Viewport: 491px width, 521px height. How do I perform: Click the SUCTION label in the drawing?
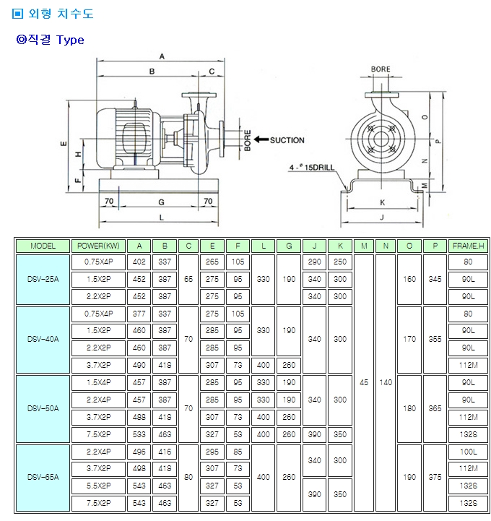(x=287, y=140)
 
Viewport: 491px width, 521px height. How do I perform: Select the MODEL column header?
(x=43, y=246)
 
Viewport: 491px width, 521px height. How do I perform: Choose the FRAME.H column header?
(x=467, y=246)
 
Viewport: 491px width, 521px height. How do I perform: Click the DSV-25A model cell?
(x=43, y=279)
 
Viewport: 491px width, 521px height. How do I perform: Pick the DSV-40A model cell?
(x=43, y=339)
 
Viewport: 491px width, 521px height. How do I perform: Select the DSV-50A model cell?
(x=43, y=408)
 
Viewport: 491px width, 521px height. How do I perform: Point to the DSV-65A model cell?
(x=43, y=478)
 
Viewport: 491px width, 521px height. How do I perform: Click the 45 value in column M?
(x=364, y=382)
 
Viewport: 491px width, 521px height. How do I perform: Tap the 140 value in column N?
(x=386, y=382)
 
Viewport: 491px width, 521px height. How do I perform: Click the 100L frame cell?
(x=467, y=452)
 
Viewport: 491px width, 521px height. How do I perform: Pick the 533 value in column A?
(x=139, y=434)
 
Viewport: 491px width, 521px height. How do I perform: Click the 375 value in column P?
(x=434, y=478)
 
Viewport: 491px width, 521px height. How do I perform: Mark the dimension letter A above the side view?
(x=162, y=56)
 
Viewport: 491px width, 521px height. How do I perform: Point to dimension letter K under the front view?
(x=381, y=202)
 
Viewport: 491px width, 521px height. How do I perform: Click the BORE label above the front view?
(x=381, y=69)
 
